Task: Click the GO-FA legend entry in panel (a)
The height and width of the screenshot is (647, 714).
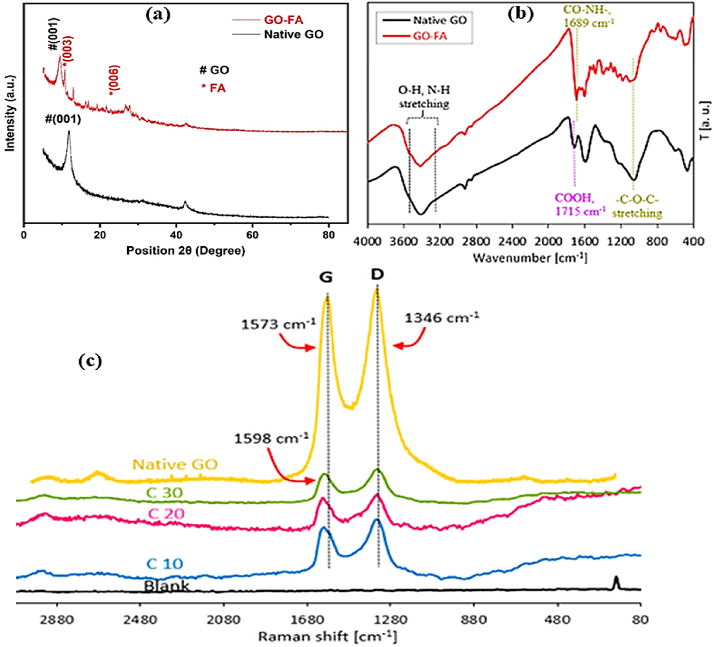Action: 268,20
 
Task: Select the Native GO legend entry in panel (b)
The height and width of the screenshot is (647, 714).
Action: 425,20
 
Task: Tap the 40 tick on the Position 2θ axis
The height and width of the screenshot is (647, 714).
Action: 176,235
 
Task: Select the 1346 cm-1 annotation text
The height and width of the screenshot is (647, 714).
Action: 442,318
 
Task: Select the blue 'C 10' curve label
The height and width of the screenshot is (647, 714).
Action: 165,563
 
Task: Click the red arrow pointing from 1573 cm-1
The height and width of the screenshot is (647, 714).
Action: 297,341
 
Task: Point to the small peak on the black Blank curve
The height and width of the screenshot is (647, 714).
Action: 616,582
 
